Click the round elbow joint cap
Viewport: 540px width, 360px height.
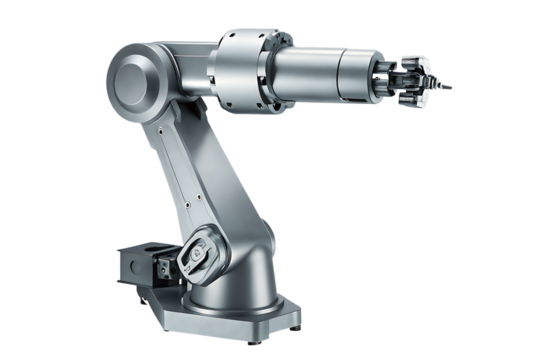tap(134, 76)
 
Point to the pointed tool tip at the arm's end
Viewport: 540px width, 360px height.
tap(449, 87)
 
